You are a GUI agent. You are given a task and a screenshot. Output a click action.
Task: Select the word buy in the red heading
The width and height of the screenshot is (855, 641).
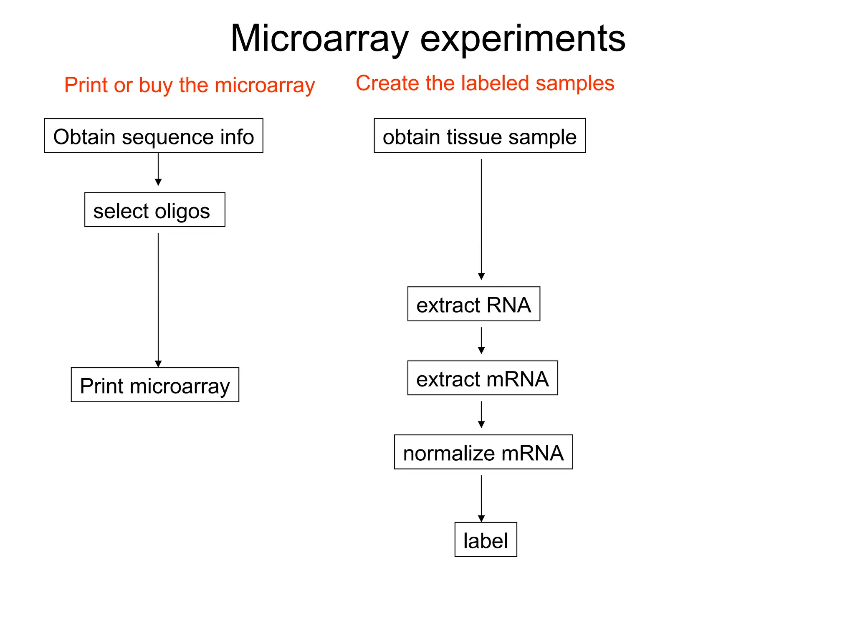pyautogui.click(x=156, y=86)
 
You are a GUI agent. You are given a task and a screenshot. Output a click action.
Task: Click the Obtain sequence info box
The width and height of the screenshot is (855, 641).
pyautogui.click(x=154, y=136)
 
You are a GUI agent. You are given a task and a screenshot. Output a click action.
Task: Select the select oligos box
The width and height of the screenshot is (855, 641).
pyautogui.click(x=154, y=210)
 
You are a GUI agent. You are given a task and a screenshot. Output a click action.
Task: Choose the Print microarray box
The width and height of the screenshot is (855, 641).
pyautogui.click(x=155, y=385)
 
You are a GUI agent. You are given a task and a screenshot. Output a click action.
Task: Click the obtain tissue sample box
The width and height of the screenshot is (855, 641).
pyautogui.click(x=480, y=136)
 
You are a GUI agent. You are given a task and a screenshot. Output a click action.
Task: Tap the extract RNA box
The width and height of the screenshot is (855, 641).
pyautogui.click(x=473, y=304)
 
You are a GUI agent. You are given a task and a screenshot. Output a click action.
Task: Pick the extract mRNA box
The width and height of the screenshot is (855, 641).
pyautogui.click(x=482, y=378)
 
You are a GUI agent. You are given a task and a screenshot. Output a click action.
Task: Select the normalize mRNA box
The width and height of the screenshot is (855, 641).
pyautogui.click(x=483, y=452)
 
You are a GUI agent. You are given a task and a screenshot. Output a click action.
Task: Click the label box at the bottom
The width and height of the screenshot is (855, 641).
pyautogui.click(x=486, y=540)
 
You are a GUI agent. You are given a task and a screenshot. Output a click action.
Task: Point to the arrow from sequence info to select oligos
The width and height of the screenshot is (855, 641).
pyautogui.click(x=158, y=169)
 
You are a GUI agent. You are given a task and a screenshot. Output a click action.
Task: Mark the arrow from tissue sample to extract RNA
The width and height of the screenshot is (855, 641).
pyautogui.click(x=481, y=219)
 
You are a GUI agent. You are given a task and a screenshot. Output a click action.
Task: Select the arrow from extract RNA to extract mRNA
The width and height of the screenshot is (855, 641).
pyautogui.click(x=481, y=341)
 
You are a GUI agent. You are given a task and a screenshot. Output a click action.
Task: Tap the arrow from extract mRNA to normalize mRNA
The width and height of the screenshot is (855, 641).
pyautogui.click(x=481, y=414)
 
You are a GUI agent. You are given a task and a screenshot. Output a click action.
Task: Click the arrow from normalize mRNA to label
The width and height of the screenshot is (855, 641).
pyautogui.click(x=481, y=498)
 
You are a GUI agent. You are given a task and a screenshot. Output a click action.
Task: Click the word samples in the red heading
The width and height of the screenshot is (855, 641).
pyautogui.click(x=575, y=83)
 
